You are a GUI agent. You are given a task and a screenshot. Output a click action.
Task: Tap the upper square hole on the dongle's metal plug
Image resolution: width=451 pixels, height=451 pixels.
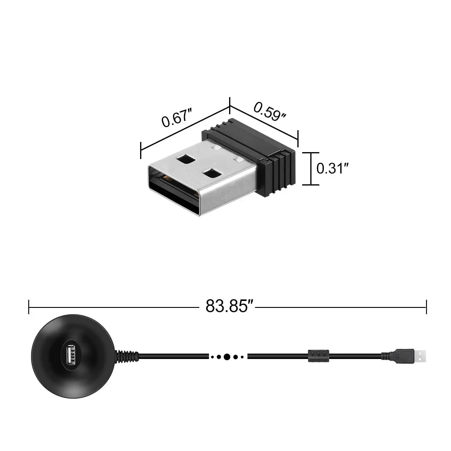coord(186,159)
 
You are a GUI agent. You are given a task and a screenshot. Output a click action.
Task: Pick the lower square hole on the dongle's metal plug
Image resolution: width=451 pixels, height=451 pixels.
coord(211,173)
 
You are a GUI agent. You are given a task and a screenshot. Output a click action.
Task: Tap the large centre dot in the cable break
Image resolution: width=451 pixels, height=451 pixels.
coord(227,357)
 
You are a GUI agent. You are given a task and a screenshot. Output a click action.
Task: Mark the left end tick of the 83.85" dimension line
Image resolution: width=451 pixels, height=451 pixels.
coord(29,307)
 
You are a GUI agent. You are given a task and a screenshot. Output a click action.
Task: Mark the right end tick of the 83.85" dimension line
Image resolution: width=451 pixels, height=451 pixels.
coord(426,307)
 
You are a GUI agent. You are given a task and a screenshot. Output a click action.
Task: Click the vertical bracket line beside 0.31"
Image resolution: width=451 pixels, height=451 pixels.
coord(311,169)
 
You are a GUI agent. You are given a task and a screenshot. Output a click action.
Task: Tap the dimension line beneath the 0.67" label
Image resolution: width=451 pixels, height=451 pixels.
coord(185,128)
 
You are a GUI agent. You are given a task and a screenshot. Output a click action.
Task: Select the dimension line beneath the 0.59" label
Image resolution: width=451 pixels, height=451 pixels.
coord(264,122)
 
